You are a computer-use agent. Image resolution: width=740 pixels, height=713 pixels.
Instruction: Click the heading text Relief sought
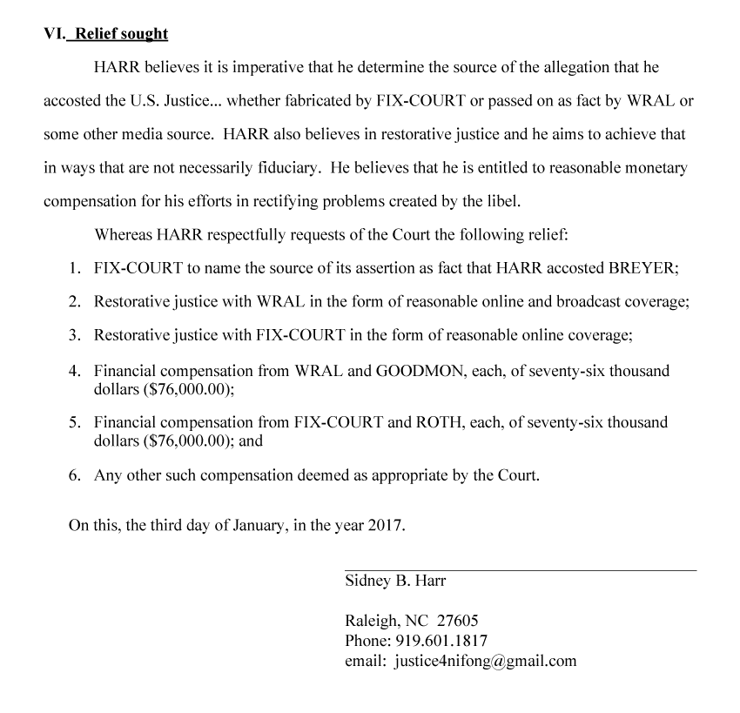121,34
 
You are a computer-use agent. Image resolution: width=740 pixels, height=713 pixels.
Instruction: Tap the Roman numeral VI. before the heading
55,34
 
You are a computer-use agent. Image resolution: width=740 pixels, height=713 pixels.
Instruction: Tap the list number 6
75,476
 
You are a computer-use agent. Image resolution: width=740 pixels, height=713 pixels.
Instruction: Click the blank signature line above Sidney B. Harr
521,570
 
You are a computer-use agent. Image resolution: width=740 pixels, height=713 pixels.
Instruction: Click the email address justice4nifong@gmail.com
485,660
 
